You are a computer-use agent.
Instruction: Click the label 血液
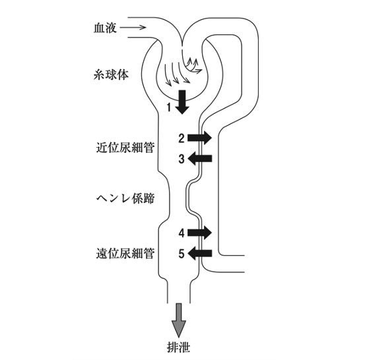coord(105,28)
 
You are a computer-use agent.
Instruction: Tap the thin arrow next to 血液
coord(133,28)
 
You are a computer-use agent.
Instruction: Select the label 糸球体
coord(111,75)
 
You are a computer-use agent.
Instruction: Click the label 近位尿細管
coord(125,148)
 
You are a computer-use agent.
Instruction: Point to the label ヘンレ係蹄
coord(125,198)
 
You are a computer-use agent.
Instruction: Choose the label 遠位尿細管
coord(125,253)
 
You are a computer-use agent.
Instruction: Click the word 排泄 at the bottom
coord(179,347)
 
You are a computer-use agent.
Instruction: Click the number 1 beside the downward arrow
coord(169,107)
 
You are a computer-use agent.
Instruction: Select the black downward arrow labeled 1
coord(182,102)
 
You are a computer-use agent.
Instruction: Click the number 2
coord(182,138)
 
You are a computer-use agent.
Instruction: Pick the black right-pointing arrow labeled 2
coord(199,138)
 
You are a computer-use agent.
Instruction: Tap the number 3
coord(182,159)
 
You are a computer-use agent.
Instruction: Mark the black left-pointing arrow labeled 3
coord(200,159)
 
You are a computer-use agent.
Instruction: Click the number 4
coord(182,233)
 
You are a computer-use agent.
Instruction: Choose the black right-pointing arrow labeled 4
coord(199,233)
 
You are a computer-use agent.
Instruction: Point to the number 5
coord(182,253)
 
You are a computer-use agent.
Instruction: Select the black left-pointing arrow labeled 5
coord(200,253)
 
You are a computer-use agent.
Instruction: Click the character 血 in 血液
coord(99,28)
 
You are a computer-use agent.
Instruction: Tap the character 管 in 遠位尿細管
coord(149,253)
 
